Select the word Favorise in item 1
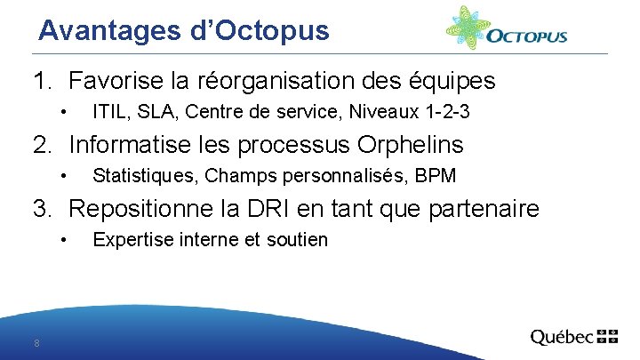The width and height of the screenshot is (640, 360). (x=116, y=82)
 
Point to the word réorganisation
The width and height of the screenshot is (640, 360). (x=281, y=82)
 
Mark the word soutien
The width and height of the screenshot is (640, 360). (x=300, y=239)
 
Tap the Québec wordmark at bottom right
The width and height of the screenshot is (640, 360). (x=562, y=338)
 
